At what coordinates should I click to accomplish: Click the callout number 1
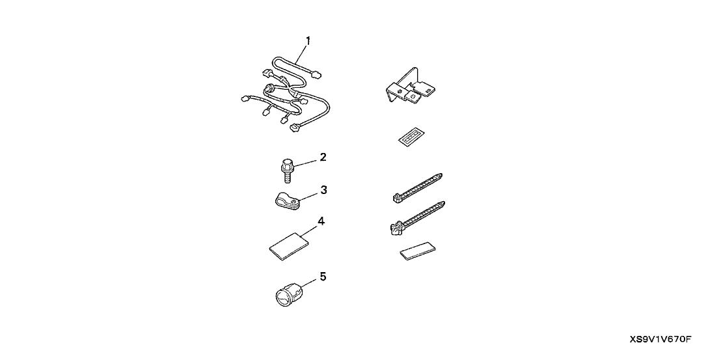[x=308, y=41]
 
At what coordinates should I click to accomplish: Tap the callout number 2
[x=323, y=158]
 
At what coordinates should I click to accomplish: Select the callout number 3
[x=323, y=189]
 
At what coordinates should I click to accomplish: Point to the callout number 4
[x=321, y=221]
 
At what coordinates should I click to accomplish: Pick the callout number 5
[x=323, y=277]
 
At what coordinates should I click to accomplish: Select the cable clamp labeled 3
[x=284, y=202]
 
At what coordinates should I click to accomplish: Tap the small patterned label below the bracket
[x=410, y=137]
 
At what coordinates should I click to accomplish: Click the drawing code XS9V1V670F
[x=660, y=340]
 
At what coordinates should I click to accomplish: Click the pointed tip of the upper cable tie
[x=442, y=174]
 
